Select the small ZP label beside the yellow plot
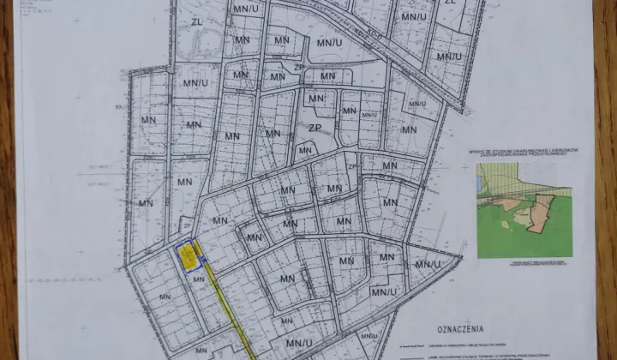click(x=186, y=225)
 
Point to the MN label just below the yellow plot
click(x=198, y=279)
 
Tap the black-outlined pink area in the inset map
click(x=541, y=210)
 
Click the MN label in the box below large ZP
click(x=305, y=151)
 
